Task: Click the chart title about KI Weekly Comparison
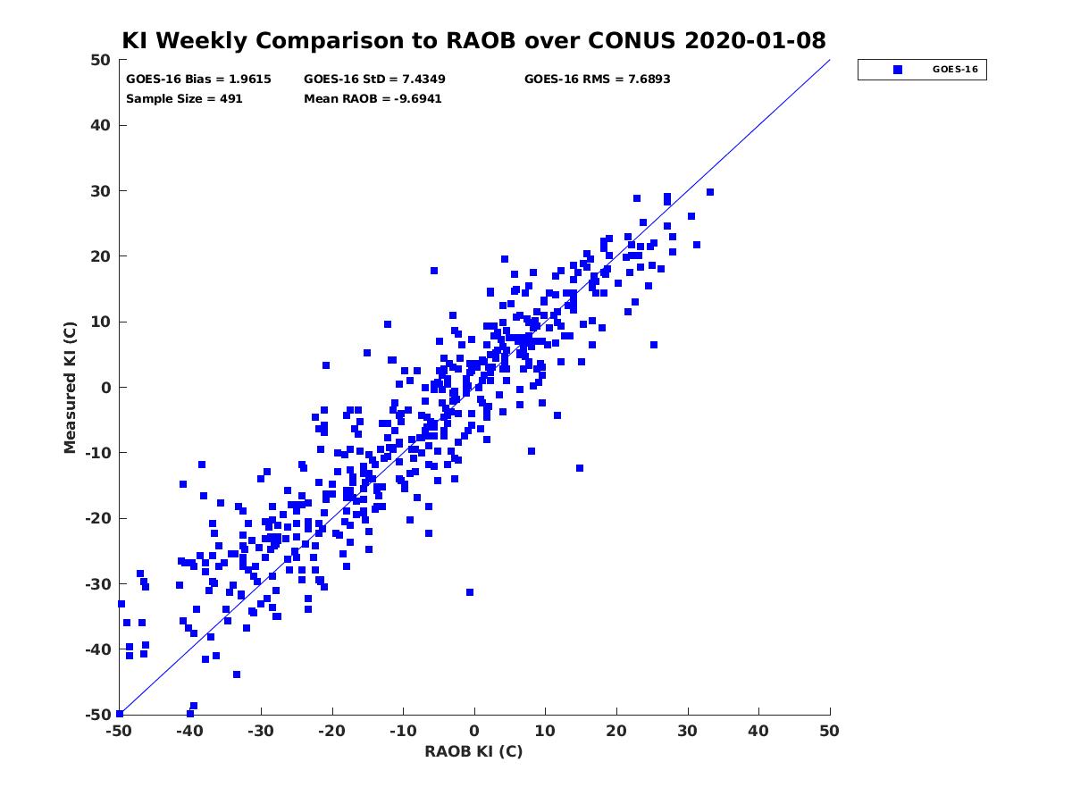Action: pyautogui.click(x=473, y=40)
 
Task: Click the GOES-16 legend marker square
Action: pyautogui.click(x=897, y=70)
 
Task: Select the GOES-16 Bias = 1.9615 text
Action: pyautogui.click(x=198, y=80)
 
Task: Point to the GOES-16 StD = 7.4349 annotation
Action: pyautogui.click(x=374, y=80)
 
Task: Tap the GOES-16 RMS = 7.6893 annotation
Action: pyautogui.click(x=597, y=80)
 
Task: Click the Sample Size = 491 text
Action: pyautogui.click(x=184, y=98)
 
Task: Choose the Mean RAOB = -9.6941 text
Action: pyautogui.click(x=373, y=98)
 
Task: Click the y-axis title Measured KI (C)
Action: pyautogui.click(x=70, y=387)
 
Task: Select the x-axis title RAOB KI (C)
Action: pyautogui.click(x=473, y=750)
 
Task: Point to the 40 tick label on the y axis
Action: pyautogui.click(x=101, y=125)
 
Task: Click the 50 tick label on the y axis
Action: pyautogui.click(x=101, y=60)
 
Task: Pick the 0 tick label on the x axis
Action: pyautogui.click(x=474, y=731)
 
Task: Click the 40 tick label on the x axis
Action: pyautogui.click(x=758, y=731)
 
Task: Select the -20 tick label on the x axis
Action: pyautogui.click(x=332, y=731)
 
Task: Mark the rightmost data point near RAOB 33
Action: pyautogui.click(x=709, y=192)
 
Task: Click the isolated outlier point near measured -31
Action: pyautogui.click(x=469, y=592)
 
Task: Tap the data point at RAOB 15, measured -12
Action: pyautogui.click(x=579, y=468)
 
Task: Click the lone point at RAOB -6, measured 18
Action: pyautogui.click(x=433, y=271)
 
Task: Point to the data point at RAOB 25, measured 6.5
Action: pyautogui.click(x=653, y=345)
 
